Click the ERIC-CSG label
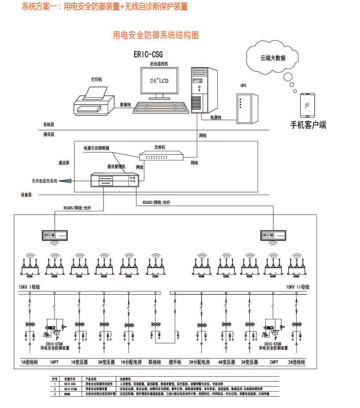point(148,55)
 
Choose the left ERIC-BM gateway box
point(56,235)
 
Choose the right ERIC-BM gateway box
point(274,235)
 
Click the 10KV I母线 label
point(29,287)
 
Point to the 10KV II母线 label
point(298,287)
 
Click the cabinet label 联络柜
point(156,363)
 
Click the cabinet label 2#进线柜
point(296,363)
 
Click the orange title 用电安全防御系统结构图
point(156,35)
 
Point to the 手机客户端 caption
point(308,125)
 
